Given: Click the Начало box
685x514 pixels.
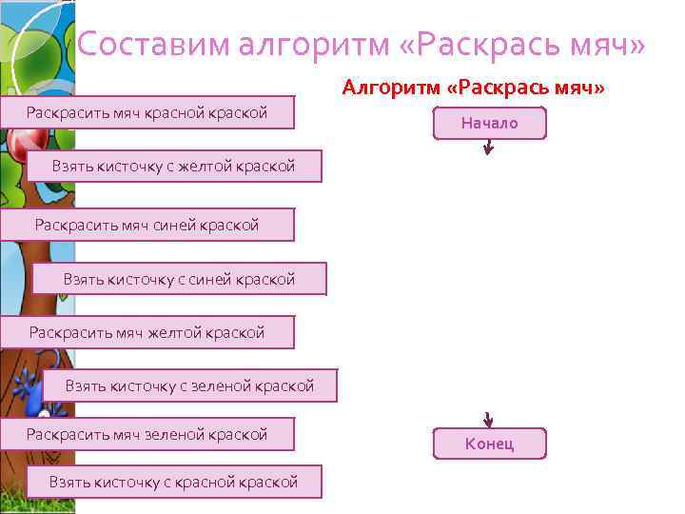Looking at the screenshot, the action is pos(489,124).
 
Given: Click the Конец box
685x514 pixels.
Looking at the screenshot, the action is pos(489,444).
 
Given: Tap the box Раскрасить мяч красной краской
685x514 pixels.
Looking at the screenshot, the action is pos(147,114).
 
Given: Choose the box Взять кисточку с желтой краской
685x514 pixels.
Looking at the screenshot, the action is pos(173,167).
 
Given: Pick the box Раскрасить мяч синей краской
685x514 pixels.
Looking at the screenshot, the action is pos(147,225).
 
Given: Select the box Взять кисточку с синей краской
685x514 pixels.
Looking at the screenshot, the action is pos(179,279).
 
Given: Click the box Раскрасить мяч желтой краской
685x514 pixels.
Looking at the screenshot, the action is pos(147,332).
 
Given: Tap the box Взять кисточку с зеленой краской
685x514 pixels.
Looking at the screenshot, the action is pos(188,385).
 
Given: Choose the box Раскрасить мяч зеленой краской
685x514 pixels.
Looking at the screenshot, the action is pos(147,434).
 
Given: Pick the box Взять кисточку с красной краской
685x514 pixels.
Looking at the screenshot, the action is pos(173,482).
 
